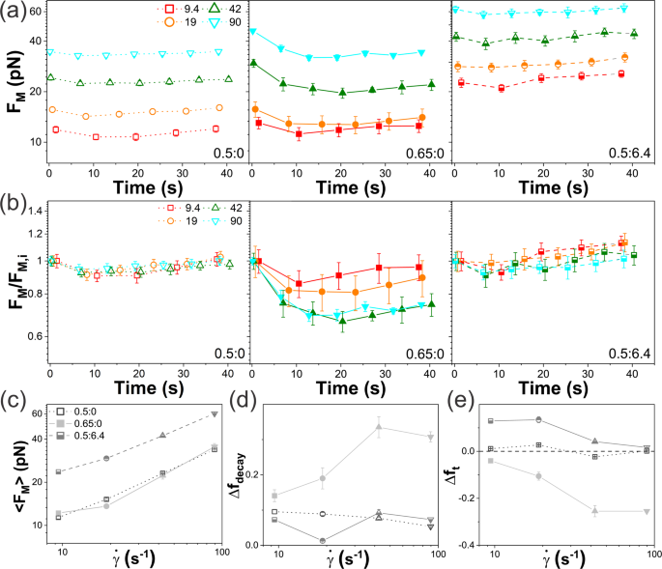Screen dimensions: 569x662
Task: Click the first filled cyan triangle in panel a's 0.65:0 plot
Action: pos(253,31)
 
